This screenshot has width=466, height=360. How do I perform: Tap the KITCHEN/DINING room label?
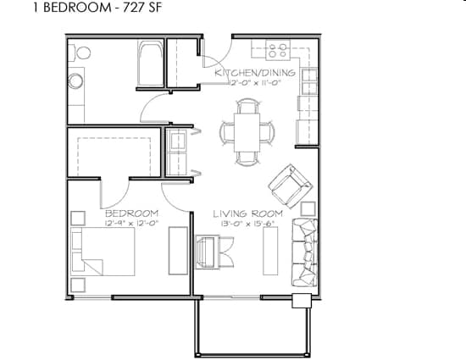tap(255, 73)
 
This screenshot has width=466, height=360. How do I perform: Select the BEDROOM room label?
tap(131, 213)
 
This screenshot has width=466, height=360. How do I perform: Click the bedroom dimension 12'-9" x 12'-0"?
tap(131, 224)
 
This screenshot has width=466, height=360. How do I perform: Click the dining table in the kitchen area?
tap(247, 132)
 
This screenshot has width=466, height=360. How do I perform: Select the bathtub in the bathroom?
tap(149, 64)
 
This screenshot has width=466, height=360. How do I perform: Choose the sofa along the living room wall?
tap(304, 252)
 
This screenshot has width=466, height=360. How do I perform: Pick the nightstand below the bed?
tap(78, 284)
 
